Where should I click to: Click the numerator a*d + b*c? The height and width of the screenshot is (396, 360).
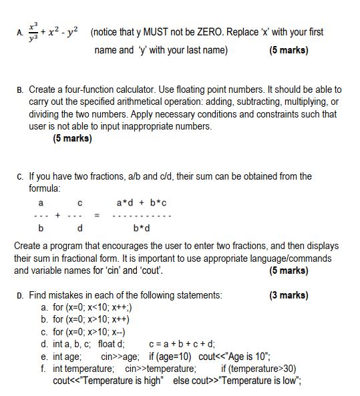tap(142, 202)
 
